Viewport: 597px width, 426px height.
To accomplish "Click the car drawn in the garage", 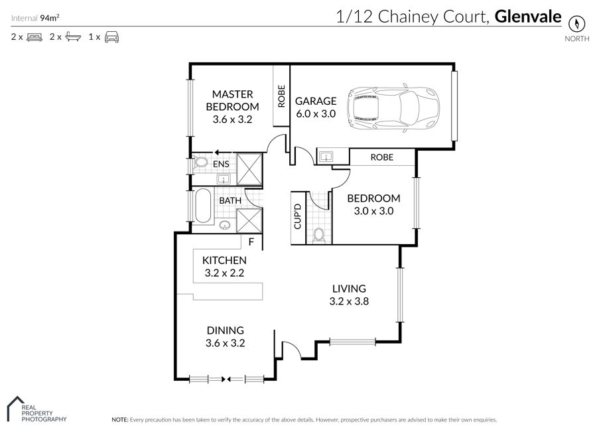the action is coord(393,109).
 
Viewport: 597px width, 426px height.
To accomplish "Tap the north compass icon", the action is coord(576,24).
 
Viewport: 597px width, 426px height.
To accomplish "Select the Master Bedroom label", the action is coord(232,100).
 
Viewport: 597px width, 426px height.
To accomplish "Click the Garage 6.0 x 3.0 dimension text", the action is coord(316,113).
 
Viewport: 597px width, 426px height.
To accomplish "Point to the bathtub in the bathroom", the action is coord(203,206).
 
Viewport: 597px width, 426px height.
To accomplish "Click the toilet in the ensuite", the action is coord(200,163).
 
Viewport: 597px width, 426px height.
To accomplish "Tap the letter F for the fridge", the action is coord(251,242).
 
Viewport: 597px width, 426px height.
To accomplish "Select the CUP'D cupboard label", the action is coord(298,216).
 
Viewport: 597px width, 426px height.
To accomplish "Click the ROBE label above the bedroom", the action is coord(382,157).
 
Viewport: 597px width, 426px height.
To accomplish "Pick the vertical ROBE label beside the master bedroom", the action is coord(281,96).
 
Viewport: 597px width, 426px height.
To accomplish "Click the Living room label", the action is coord(349,289).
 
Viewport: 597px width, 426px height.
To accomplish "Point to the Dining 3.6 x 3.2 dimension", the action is coord(226,343).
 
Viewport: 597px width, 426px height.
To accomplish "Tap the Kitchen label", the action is coord(224,260).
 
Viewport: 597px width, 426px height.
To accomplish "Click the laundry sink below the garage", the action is coord(326,156).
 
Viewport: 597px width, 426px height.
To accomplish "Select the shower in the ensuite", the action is coord(249,169).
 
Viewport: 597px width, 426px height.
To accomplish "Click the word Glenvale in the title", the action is coord(528,17).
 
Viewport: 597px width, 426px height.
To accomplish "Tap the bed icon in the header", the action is coord(34,37).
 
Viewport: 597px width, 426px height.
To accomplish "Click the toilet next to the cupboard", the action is coord(318,236).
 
